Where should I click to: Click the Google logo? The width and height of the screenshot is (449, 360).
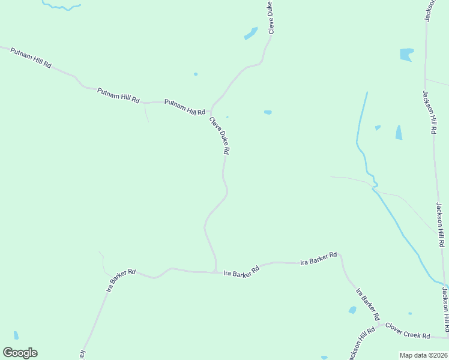20,353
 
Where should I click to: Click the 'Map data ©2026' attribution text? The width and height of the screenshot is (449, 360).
424,355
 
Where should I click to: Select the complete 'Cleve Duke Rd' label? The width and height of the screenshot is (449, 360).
220,136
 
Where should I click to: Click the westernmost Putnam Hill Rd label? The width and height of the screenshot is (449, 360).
31,57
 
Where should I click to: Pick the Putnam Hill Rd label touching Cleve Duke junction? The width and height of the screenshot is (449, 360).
185,107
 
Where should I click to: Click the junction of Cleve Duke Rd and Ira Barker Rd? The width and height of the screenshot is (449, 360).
215,272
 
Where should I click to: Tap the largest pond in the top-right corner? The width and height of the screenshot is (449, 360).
406,55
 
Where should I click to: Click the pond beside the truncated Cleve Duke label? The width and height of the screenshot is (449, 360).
251,34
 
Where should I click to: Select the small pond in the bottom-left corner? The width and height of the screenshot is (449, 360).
16,335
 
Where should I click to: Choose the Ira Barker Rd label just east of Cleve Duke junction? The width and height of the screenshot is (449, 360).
241,270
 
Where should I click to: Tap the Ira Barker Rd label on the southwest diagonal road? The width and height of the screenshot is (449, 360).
122,280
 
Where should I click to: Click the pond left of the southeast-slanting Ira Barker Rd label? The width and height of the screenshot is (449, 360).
352,310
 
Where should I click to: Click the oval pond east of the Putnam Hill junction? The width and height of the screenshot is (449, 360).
268,112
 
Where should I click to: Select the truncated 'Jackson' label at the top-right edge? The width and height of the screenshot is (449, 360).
429,10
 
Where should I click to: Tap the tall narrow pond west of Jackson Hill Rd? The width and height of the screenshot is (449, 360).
399,132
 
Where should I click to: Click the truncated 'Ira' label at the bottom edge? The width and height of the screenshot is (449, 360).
83,355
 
